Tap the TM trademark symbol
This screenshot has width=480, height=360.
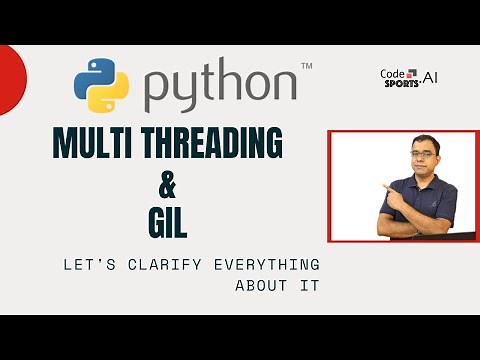coord(306,66)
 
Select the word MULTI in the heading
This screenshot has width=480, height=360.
coord(96,145)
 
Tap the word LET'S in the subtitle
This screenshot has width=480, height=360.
coord(86,265)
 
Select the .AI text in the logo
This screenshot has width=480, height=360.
coord(428,76)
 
